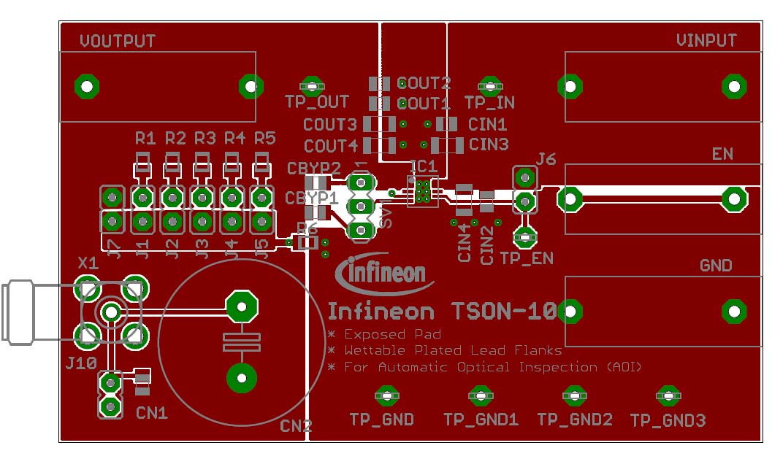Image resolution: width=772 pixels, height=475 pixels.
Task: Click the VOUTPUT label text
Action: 117,41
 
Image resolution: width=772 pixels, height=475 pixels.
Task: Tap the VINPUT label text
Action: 706,41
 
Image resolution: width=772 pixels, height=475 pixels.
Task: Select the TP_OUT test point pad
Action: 313,87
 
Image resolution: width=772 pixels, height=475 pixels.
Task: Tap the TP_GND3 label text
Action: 668,421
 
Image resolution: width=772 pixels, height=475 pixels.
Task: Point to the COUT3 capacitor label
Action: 330,125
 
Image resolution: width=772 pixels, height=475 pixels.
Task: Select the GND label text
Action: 715,266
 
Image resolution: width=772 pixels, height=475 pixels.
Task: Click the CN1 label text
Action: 152,413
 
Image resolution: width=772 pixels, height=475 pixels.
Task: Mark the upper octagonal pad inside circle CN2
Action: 241,307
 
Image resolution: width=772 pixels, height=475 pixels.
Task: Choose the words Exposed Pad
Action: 393,334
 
